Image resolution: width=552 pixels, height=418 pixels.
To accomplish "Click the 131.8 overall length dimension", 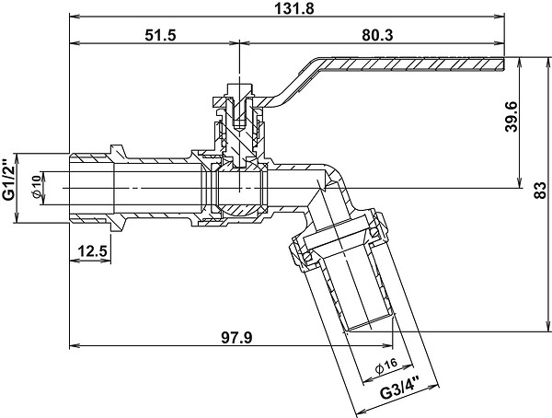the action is coord(294,8).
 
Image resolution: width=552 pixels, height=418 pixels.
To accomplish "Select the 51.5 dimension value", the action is coord(160,35).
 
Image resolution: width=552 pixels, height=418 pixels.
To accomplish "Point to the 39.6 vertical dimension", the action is coord(512,117).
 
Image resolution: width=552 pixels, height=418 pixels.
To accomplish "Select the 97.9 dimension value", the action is coord(236,338).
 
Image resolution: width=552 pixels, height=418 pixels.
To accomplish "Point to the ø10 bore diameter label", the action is coord(36,187).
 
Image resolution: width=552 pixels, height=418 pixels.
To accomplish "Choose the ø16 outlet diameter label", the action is coord(385,366).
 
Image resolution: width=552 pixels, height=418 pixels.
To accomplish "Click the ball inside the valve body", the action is coord(239,189).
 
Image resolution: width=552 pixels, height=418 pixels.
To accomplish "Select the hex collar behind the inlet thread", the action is coord(119,188).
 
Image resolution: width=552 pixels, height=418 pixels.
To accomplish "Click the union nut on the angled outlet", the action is coord(338,239).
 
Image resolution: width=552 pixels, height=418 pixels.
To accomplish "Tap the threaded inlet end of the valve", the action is coord(91,188).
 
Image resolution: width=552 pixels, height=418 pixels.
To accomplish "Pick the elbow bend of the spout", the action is coord(333,176).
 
